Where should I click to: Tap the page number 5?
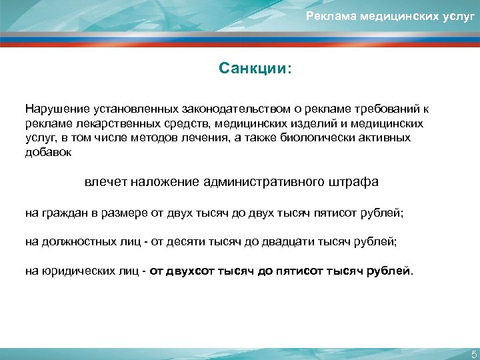pyautogui.click(x=473, y=354)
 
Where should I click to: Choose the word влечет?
pyautogui.click(x=105, y=182)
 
